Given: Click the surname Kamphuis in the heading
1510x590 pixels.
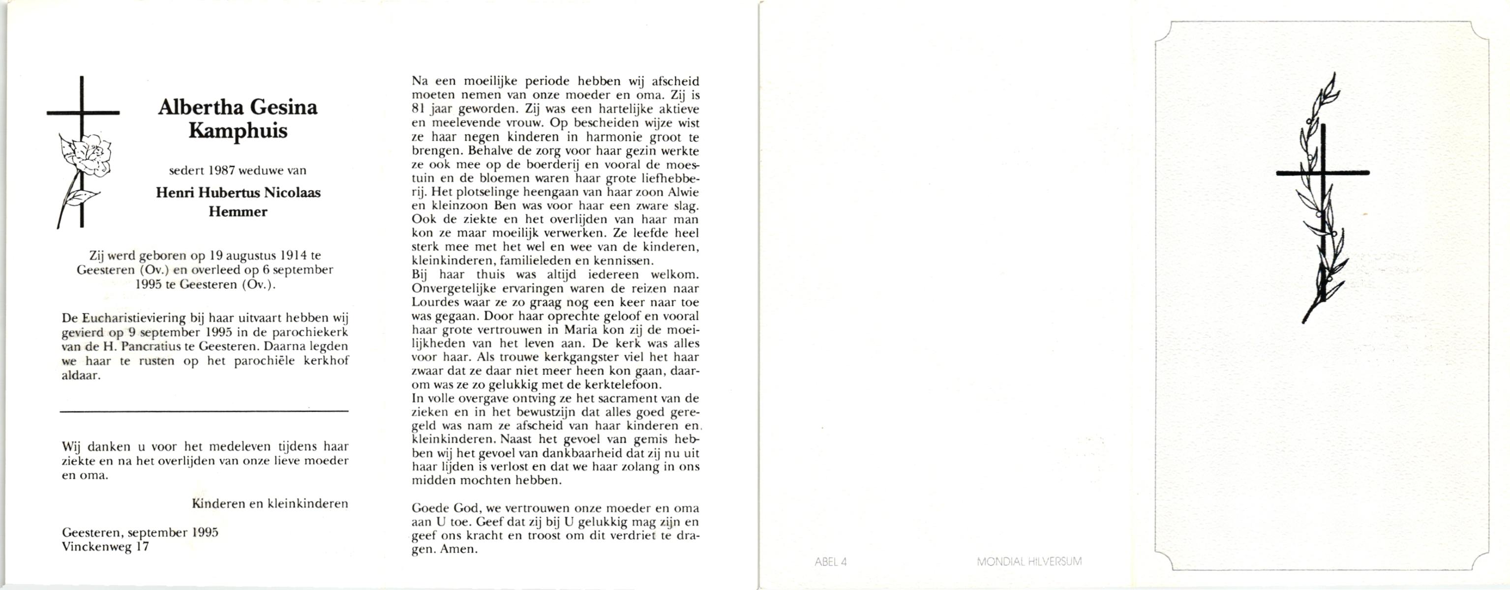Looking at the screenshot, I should pos(238,131).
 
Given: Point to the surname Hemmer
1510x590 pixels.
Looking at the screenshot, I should pos(238,211).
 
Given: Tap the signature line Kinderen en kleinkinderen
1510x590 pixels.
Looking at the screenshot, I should pos(270,503).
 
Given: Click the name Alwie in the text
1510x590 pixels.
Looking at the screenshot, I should pos(681,192).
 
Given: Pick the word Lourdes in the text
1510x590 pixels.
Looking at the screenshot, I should pos(434,303).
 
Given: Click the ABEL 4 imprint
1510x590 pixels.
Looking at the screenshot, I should pos(831,562).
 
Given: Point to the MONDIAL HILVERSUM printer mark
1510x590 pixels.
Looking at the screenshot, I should pos(1029,562).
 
